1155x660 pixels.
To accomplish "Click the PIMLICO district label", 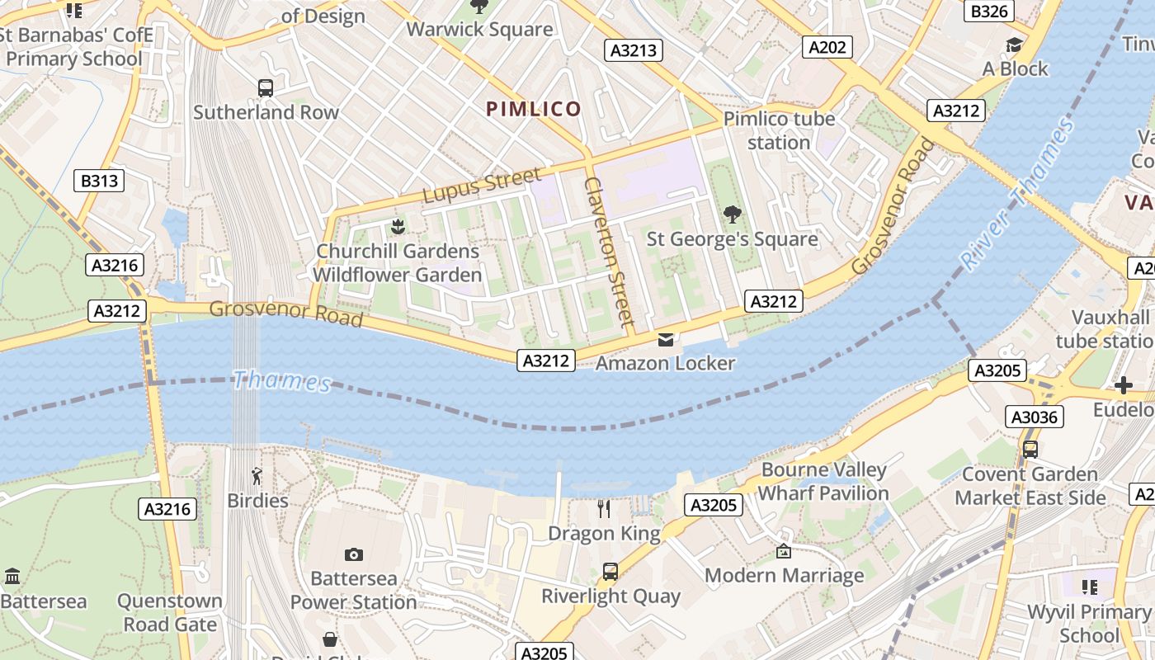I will point(534,109).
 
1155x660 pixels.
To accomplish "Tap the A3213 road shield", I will point(634,50).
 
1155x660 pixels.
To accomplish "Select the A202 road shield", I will point(827,47).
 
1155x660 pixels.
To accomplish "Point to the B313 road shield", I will point(99,181).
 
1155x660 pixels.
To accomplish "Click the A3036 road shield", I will point(1035,417).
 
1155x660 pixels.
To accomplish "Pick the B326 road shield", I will point(989,11).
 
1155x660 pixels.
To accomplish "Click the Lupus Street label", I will point(483,185).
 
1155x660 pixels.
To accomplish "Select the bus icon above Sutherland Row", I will point(266,87).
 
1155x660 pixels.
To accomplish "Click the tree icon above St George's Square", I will point(732,214).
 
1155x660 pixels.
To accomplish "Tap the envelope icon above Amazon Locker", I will point(666,339).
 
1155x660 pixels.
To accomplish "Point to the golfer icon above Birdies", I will point(257,476).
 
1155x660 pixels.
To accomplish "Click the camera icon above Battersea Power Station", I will point(354,554).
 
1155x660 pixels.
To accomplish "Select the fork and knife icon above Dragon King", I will point(604,509).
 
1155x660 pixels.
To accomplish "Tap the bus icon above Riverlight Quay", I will point(610,571).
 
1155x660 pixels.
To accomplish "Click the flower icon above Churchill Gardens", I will point(398,226).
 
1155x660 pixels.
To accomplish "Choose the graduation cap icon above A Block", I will point(1014,45).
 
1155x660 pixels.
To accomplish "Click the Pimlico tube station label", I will point(779,130).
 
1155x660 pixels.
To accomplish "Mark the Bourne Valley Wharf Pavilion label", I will point(823,482).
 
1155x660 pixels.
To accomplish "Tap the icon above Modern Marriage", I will point(784,551).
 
